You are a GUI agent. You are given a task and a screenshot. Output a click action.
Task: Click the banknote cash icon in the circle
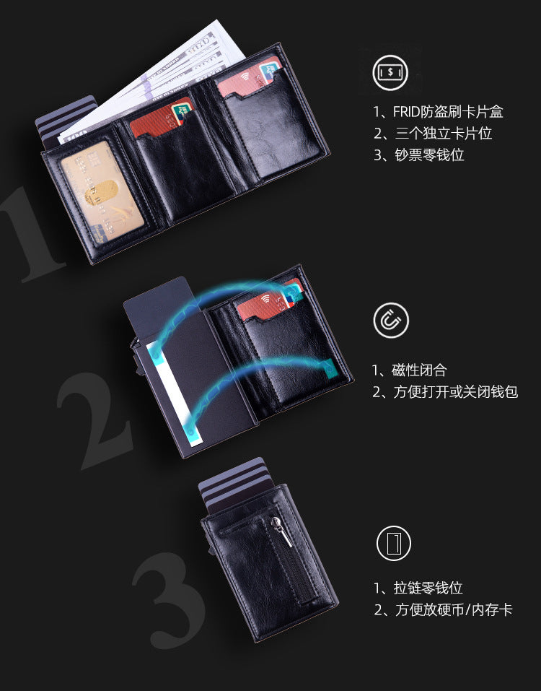[x=391, y=73]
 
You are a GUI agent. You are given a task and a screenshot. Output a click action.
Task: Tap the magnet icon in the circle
[x=391, y=321]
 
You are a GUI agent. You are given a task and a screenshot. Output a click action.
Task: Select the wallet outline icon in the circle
[x=393, y=544]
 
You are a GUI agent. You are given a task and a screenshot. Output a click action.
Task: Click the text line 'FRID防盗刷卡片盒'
[x=437, y=112]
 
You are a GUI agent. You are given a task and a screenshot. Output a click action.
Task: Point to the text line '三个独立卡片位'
[x=433, y=134]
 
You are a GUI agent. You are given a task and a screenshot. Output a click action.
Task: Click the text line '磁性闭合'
[x=410, y=370]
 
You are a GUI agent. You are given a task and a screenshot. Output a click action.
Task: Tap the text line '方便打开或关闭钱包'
[x=445, y=392]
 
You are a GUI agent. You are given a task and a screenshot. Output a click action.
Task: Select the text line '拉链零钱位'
[x=418, y=588]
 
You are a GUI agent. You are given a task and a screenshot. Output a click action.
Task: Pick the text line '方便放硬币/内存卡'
[x=443, y=610]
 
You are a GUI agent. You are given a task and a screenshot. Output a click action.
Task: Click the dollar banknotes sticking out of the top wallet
[x=166, y=76]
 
